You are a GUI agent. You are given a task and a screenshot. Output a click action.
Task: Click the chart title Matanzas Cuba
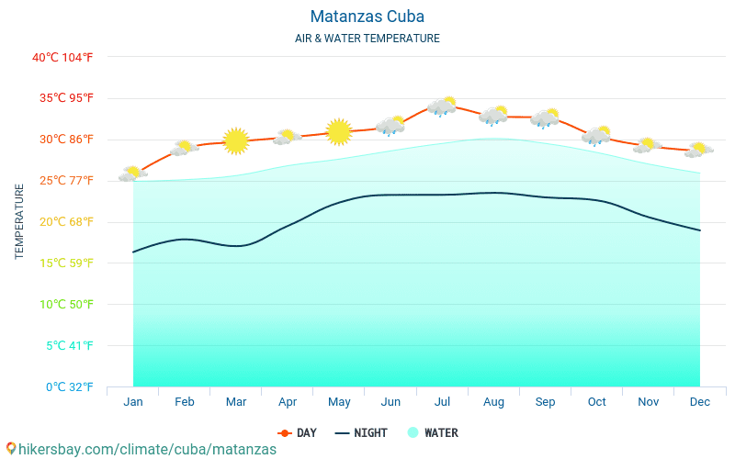(367, 17)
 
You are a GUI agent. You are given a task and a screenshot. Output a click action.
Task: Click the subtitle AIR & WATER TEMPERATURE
(367, 39)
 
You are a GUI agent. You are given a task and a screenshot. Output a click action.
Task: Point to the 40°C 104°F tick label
(62, 57)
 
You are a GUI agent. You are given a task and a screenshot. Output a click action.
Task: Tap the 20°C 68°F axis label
(62, 221)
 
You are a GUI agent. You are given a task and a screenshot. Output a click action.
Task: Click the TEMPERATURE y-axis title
(19, 221)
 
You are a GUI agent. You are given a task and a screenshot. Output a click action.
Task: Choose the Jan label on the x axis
(133, 402)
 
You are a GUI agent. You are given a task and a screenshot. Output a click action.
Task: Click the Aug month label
(493, 402)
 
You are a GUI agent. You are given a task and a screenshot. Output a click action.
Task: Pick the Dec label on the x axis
(699, 402)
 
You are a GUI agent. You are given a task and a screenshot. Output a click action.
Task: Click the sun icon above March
(236, 140)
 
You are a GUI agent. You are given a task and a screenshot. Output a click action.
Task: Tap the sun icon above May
(339, 132)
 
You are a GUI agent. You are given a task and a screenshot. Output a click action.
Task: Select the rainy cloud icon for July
(442, 106)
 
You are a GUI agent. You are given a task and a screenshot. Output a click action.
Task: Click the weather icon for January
(133, 174)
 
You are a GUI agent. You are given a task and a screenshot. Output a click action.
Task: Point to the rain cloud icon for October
(596, 136)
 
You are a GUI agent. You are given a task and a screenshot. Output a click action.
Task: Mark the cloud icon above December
(699, 150)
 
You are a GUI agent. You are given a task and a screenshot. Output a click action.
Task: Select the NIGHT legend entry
(361, 433)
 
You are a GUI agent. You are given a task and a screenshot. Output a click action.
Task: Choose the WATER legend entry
(433, 433)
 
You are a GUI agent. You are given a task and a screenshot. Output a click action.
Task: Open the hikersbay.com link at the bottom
(141, 449)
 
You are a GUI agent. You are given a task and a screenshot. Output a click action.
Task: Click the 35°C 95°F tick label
(62, 98)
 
